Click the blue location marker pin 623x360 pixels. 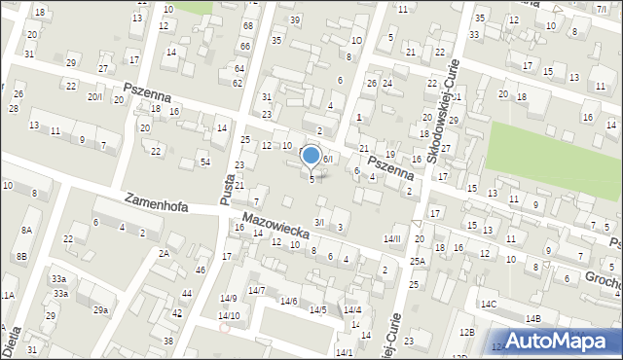point(311,156)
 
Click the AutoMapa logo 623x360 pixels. point(559,341)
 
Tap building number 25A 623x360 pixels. point(417,262)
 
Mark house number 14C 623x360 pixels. point(487,305)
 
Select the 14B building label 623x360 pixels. point(532,318)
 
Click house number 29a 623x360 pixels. point(100,309)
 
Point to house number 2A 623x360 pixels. point(164,253)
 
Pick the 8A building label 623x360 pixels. point(26,230)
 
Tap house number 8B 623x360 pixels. point(20,257)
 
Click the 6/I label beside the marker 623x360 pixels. point(328,159)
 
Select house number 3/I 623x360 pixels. point(318,223)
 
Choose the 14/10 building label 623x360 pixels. point(228,315)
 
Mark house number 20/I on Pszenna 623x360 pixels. point(94,96)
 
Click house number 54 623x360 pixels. point(204,161)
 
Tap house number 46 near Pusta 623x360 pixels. point(200,270)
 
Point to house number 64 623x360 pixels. point(238,68)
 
